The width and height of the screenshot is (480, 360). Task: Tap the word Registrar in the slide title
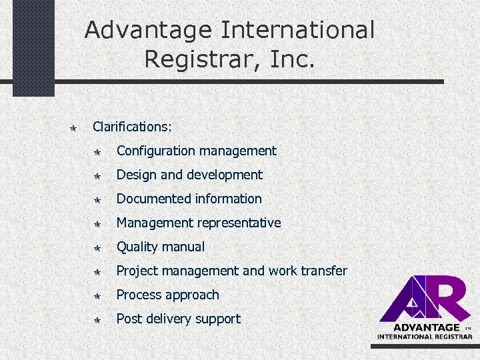pos(201,59)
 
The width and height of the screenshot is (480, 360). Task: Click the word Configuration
pos(157,151)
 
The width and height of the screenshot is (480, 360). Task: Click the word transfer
pos(325,271)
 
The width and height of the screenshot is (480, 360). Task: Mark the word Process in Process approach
pos(139,295)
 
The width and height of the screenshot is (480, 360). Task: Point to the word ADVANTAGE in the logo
pos(427,327)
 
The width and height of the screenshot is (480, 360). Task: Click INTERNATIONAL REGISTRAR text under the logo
pos(425,336)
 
